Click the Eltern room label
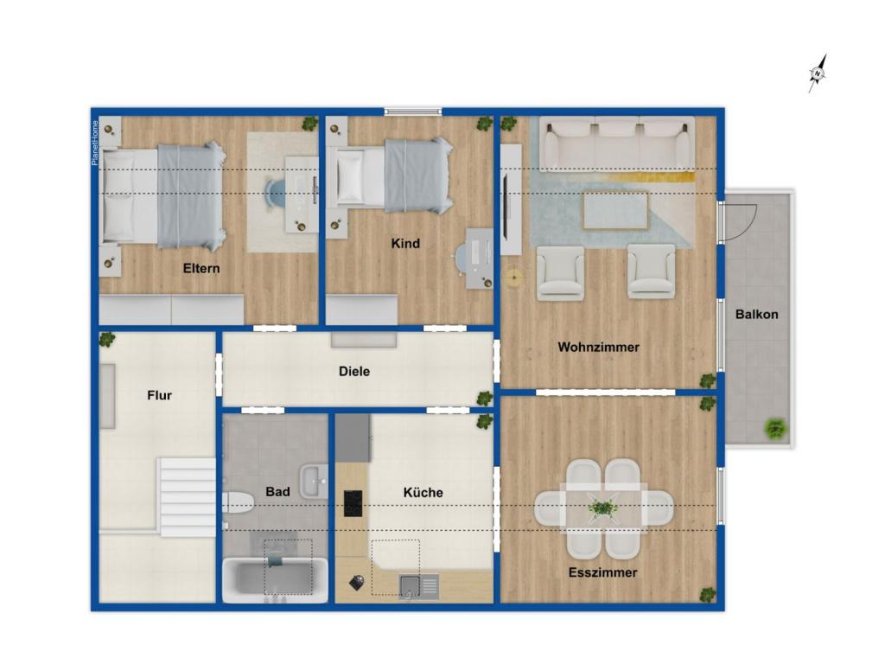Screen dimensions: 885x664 click(x=201, y=268)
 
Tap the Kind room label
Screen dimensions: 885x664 click(x=405, y=243)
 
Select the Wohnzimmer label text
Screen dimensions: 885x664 click(x=598, y=347)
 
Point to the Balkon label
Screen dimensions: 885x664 click(x=756, y=315)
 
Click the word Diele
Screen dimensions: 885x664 click(x=354, y=371)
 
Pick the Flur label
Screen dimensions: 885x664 click(x=159, y=395)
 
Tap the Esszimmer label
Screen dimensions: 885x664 click(x=602, y=572)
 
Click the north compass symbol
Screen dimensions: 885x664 click(x=818, y=73)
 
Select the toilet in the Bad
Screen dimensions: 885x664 click(x=238, y=502)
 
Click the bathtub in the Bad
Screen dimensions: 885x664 click(x=275, y=580)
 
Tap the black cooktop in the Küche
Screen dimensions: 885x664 click(x=353, y=503)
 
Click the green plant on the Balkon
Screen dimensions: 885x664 click(x=776, y=430)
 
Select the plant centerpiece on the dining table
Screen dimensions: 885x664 click(x=602, y=508)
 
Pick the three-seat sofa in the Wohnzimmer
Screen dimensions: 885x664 click(x=617, y=144)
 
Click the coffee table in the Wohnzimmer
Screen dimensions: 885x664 click(x=615, y=211)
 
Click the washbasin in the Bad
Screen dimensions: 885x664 click(x=313, y=482)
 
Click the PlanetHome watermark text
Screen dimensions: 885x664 click(x=95, y=143)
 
